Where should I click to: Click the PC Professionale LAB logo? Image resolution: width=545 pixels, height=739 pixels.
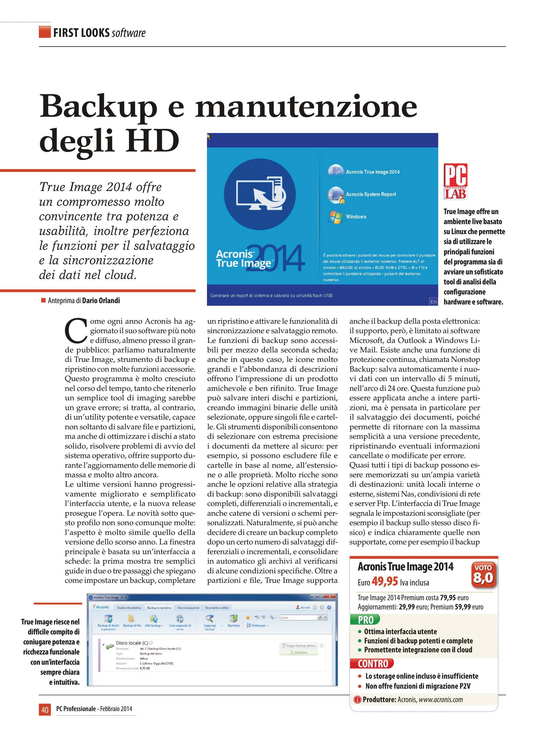[456, 181]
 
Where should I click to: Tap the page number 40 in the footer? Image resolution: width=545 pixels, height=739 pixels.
[45, 709]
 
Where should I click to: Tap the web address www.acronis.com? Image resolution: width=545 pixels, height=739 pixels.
[441, 699]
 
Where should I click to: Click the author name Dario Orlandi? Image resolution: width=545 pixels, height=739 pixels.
[101, 300]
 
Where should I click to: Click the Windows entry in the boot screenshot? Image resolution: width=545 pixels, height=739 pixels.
[356, 217]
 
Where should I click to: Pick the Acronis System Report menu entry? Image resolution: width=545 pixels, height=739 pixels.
[370, 194]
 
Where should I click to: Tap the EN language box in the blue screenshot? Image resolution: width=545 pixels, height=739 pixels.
[433, 302]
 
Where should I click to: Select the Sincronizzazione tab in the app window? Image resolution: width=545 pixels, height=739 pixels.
[188, 608]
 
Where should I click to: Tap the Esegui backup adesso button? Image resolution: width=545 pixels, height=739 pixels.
[299, 646]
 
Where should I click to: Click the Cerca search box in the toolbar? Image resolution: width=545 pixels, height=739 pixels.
[298, 617]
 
